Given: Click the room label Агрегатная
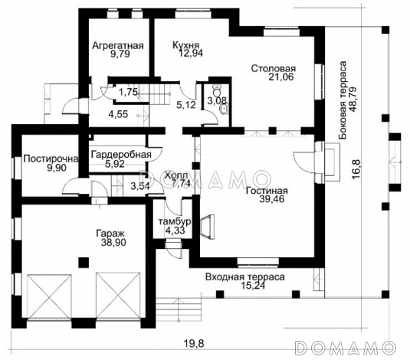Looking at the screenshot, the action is (118, 45).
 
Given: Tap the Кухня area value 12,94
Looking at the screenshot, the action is (191, 53).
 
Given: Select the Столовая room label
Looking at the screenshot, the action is (274, 69).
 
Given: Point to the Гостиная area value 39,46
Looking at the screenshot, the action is (272, 199).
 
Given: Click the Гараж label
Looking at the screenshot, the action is (110, 234).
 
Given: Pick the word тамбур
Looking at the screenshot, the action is (175, 221).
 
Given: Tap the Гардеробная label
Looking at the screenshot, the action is (121, 155).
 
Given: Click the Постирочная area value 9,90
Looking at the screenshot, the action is (57, 168).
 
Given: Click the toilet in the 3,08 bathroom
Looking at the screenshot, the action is (217, 91).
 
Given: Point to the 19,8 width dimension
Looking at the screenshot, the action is (193, 343).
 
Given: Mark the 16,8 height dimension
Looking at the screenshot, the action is (356, 169).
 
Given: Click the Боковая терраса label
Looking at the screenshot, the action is (343, 100).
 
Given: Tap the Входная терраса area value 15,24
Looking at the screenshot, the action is (253, 286).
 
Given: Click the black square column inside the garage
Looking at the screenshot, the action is (84, 263).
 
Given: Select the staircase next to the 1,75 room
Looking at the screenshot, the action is (155, 93).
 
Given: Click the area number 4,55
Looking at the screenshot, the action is (119, 114).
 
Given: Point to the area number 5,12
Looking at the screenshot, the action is (186, 105).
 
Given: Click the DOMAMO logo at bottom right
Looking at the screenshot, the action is (345, 348).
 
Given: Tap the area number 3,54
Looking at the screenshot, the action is (140, 186).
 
